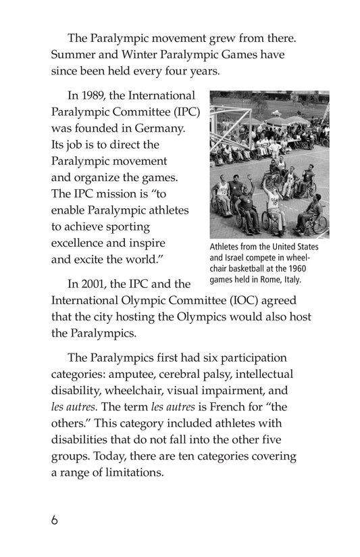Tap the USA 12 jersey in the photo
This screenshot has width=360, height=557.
222,191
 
